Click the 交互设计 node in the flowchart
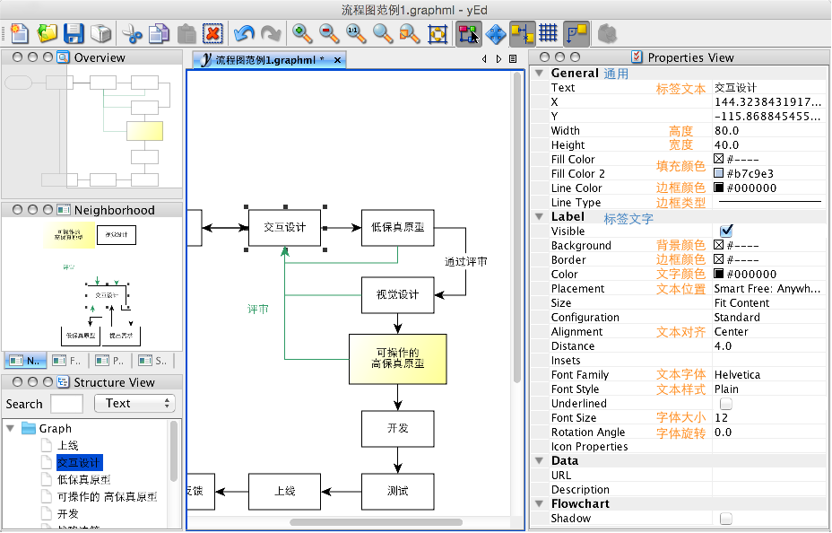[x=284, y=228]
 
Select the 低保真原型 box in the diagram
[x=398, y=228]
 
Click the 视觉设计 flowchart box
[x=398, y=295]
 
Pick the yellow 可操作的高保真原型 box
[x=397, y=358]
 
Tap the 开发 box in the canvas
[x=398, y=429]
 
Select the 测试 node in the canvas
[x=398, y=492]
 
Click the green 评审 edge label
[x=259, y=309]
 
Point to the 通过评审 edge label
[x=466, y=262]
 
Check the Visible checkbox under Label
[x=726, y=232]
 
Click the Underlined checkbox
[x=726, y=404]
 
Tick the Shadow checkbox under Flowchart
[x=726, y=519]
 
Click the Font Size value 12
[x=722, y=418]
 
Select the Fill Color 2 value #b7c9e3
[x=744, y=174]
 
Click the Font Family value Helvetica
[x=737, y=375]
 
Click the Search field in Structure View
[x=66, y=404]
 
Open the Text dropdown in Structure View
[x=134, y=404]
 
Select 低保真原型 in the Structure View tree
[x=83, y=480]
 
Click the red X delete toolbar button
[x=212, y=34]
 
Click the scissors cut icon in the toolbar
[x=133, y=34]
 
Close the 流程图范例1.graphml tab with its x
[x=337, y=60]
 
